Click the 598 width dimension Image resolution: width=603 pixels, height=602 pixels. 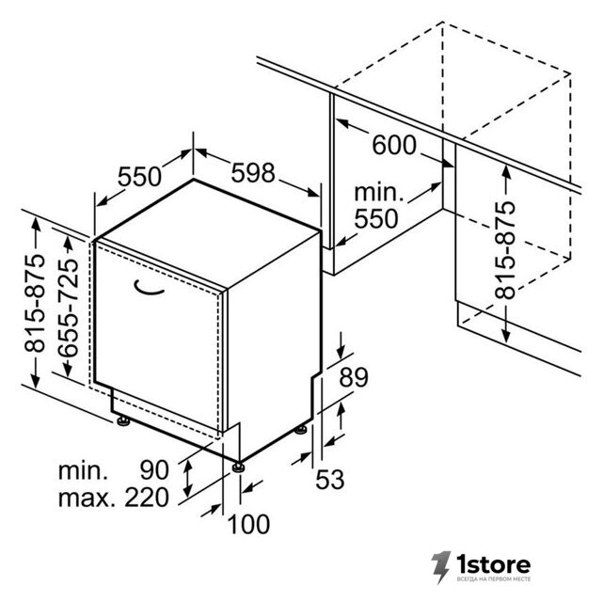click(x=253, y=172)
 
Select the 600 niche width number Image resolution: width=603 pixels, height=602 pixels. click(x=394, y=145)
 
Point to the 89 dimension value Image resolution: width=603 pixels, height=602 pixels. click(x=354, y=377)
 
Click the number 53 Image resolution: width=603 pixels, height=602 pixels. click(x=329, y=480)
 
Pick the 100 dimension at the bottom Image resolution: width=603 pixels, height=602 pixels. click(x=248, y=524)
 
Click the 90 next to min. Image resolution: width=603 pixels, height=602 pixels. click(x=154, y=469)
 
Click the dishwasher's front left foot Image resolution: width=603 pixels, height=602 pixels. click(x=123, y=421)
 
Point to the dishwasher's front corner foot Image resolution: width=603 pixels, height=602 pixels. click(x=238, y=467)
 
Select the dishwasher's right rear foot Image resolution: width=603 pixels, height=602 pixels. click(x=301, y=430)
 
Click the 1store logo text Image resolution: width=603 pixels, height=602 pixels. click(x=493, y=564)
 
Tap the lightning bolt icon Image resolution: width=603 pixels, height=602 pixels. click(x=440, y=567)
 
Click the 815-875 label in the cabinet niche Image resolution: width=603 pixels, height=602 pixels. click(x=505, y=250)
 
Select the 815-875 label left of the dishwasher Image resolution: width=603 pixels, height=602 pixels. click(x=35, y=303)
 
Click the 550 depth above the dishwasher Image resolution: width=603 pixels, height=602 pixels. click(x=139, y=177)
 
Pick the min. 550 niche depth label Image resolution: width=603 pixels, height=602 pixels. click(x=378, y=206)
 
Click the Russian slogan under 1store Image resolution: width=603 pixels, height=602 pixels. click(x=494, y=578)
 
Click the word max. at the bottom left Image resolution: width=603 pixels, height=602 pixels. click(x=87, y=498)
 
